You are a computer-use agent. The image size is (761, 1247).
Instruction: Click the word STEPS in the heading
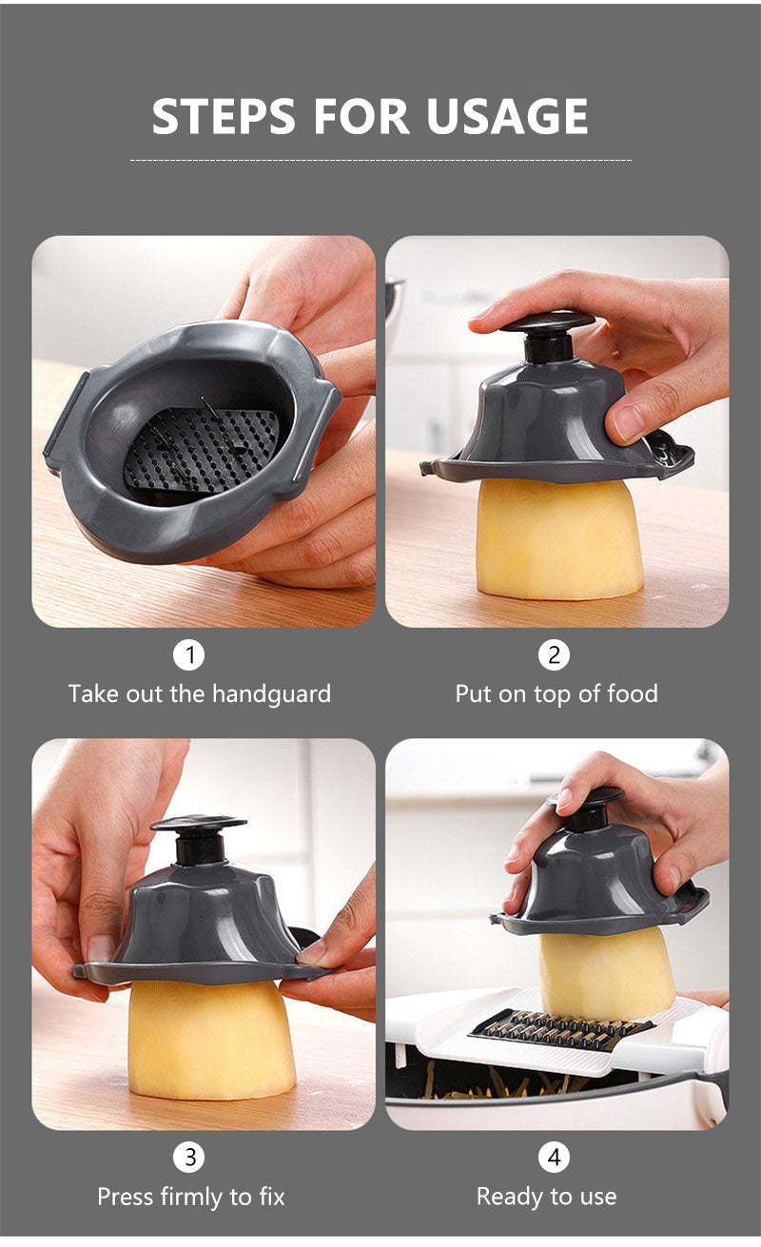point(224,116)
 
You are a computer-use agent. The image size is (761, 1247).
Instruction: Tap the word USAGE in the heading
point(507,116)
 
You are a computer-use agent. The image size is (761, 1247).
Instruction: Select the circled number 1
point(189,655)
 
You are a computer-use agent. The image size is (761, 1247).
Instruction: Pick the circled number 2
point(554,655)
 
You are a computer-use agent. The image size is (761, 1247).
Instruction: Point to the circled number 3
point(189,1158)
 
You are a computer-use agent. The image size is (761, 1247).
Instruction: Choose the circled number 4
point(554,1158)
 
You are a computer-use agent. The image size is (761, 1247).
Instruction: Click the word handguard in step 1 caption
point(271,694)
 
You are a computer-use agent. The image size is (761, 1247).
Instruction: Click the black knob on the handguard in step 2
point(547,336)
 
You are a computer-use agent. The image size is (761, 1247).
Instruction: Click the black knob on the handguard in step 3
point(199,839)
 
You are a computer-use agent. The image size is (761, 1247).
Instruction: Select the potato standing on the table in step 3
point(211,1040)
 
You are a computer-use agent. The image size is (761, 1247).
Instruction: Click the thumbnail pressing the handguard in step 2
point(625,423)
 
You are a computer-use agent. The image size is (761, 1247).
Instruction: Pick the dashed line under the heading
point(380,161)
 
